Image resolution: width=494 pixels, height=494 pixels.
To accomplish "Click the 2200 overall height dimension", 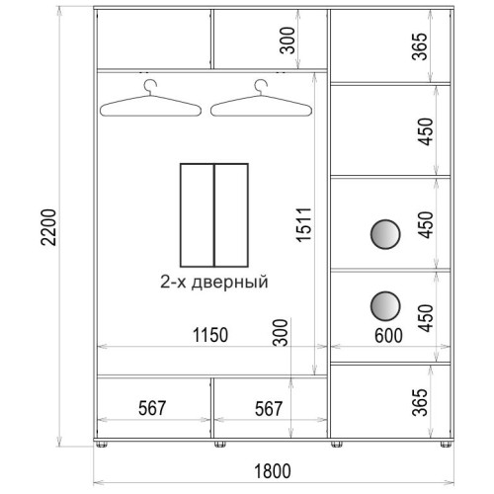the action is tap(48, 227).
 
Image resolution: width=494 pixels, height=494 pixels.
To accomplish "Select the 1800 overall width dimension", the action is tap(273, 471).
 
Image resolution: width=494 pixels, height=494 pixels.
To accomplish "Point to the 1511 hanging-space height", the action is tap(303, 225).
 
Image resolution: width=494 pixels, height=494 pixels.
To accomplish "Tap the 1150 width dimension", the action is tap(210, 335).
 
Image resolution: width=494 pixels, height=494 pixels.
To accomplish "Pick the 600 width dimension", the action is tap(388, 336).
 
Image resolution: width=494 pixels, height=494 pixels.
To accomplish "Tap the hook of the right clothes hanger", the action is tap(261, 87).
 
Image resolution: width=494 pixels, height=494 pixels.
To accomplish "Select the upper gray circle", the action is tap(385, 234).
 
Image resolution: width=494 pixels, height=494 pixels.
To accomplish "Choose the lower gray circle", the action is tap(385, 306).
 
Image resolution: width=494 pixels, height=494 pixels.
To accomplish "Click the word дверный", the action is tap(230, 283).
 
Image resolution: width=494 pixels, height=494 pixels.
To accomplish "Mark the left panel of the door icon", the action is tap(198, 215).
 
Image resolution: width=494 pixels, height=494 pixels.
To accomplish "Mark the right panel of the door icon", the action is tap(231, 215).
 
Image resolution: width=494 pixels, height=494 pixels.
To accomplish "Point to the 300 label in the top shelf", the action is tap(288, 41).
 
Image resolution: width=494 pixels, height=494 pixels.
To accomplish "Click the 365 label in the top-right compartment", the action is tap(420, 46).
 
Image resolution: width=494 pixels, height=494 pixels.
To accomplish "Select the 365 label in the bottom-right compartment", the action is tap(420, 402).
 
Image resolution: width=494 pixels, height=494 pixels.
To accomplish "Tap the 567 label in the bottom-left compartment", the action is tap(152, 408).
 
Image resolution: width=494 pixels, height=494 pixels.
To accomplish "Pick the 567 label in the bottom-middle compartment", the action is tap(269, 408).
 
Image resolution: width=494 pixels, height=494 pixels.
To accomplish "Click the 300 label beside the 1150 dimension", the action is tap(281, 332).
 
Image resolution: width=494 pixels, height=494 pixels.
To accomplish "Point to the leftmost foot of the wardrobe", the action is tap(102, 445).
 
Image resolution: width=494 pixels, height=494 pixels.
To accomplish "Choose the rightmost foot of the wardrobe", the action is tap(446, 445).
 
